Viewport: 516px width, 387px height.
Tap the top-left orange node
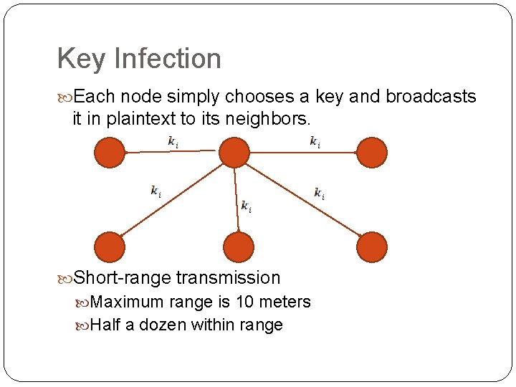point(110,153)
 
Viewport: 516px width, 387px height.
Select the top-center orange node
point(234,153)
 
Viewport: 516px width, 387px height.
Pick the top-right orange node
point(371,153)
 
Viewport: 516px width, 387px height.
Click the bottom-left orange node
point(110,247)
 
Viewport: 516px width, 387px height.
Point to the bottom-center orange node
point(239,247)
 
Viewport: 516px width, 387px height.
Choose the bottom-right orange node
point(371,247)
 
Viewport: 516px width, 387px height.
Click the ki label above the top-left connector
point(173,141)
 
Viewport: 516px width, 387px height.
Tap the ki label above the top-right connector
point(315,141)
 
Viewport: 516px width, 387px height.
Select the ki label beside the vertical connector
point(246,206)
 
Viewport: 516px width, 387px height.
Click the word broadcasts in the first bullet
point(431,97)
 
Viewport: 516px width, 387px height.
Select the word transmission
point(229,277)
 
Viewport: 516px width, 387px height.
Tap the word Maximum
point(126,302)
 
